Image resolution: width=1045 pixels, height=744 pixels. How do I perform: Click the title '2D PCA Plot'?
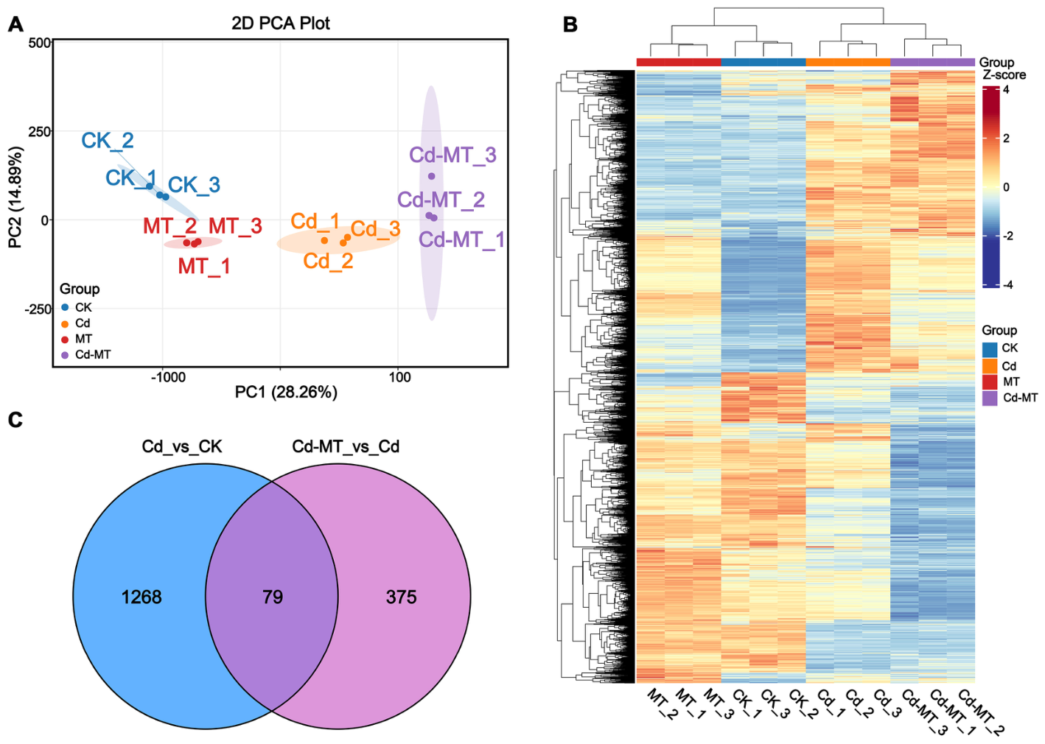point(280,24)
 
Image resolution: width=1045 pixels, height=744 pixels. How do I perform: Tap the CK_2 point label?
point(108,141)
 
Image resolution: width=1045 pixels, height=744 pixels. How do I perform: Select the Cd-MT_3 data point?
point(432,176)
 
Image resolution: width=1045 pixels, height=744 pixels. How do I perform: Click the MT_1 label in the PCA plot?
point(204,266)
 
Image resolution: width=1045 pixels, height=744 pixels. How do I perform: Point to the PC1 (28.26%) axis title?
point(285,393)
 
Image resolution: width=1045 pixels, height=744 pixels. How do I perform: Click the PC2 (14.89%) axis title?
point(15,197)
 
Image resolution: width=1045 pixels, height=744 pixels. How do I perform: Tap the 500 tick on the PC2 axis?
point(40,43)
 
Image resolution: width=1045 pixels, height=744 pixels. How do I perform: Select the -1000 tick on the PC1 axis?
point(168,377)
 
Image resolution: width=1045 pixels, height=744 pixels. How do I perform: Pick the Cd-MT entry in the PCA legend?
point(93,354)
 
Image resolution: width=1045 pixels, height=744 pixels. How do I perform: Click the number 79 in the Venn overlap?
point(273,597)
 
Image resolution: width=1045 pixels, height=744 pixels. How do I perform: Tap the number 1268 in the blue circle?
point(141,597)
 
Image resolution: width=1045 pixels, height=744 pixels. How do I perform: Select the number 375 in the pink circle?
point(401,597)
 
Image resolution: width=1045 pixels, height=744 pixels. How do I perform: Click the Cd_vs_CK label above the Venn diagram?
point(182,446)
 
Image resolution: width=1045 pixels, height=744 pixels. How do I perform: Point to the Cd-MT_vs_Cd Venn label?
point(346,446)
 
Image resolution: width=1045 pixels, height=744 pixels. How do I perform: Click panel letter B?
point(570,24)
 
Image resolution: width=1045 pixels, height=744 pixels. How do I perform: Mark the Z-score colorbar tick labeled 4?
point(1006,90)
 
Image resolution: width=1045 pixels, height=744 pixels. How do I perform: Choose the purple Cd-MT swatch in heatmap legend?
point(990,398)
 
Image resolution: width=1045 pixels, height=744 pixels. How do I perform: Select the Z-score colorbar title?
point(1004,74)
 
